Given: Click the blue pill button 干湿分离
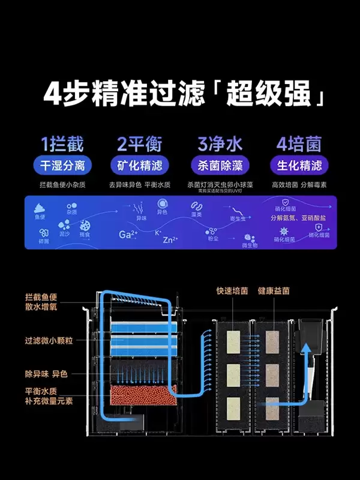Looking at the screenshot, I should click(x=62, y=166).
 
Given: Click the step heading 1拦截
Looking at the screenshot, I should click(x=62, y=145).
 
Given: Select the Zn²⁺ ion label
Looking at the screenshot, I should click(x=170, y=240).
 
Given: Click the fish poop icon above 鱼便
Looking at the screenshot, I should click(x=41, y=207).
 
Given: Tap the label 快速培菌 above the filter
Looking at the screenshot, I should click(x=232, y=290).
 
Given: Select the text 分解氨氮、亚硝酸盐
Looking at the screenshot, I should click(x=298, y=218).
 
